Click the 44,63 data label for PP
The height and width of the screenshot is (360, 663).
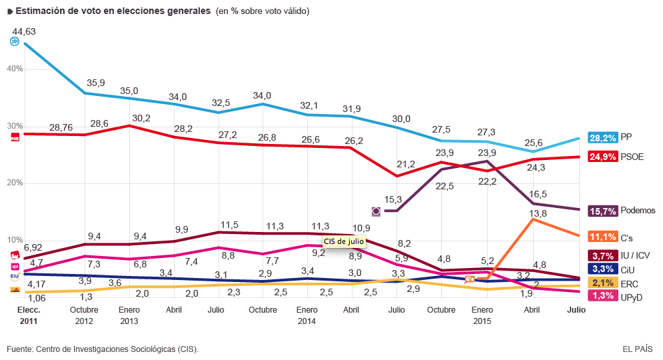24,32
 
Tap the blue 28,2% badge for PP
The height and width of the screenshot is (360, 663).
602,138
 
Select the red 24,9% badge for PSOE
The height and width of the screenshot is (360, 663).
602,157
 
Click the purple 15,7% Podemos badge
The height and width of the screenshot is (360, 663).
602,211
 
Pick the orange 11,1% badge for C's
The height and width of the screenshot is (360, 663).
602,237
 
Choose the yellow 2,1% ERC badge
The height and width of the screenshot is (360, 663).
602,283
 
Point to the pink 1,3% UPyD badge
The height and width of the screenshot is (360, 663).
602,296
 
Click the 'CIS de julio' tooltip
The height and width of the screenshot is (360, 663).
344,241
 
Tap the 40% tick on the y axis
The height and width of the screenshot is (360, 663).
15,69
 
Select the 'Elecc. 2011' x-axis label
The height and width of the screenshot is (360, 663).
29,315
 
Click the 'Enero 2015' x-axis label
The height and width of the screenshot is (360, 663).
482,315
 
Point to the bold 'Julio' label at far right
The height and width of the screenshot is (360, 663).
576,309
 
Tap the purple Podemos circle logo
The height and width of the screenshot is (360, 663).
376,211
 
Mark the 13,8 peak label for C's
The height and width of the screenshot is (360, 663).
538,213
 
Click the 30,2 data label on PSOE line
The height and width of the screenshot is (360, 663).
141,119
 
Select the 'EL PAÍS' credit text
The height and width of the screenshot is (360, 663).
638,349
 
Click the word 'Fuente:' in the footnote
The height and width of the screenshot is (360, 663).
20,349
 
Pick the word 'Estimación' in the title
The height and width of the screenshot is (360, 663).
40,11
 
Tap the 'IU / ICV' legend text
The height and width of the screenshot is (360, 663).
635,255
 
